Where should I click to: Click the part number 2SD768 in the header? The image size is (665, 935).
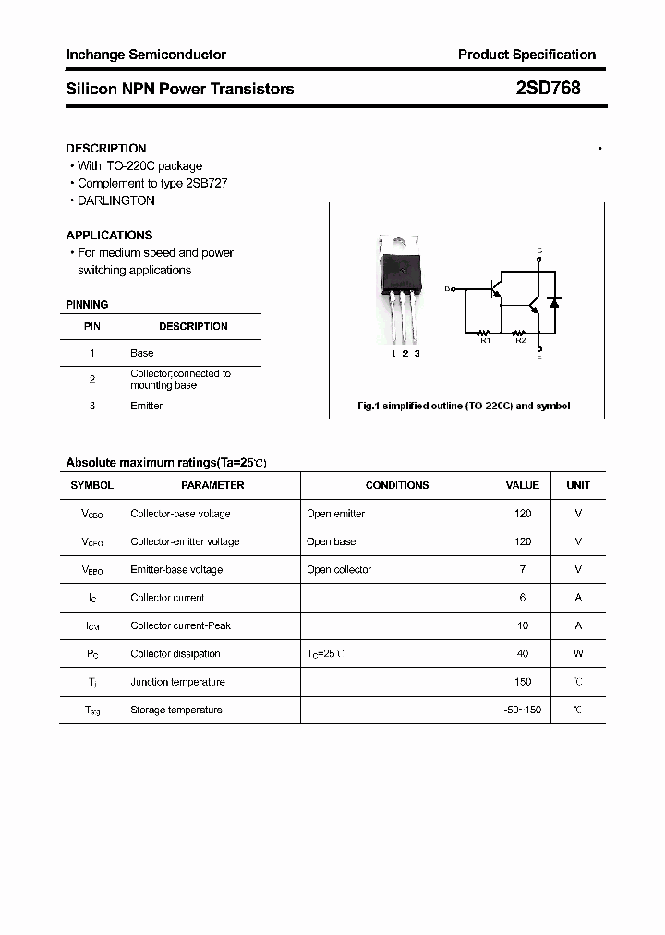548,89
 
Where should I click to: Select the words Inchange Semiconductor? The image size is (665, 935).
146,55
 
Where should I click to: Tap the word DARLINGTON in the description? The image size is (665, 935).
116,200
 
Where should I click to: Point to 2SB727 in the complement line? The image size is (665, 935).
207,183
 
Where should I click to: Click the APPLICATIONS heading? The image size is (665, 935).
109,235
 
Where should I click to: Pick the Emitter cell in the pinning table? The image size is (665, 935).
146,406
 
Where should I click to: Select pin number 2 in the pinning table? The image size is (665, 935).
92,379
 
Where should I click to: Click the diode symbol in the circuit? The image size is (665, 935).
554,302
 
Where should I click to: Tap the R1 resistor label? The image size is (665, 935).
485,341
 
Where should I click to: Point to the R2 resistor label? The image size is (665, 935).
520,341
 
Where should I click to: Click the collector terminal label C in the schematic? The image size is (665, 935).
539,251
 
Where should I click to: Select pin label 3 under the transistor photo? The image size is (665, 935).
417,353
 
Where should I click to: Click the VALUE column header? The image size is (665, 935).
522,485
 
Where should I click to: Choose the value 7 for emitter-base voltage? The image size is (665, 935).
523,570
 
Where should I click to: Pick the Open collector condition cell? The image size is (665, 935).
339,570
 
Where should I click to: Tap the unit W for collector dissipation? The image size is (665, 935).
578,654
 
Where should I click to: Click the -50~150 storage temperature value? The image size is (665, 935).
522,710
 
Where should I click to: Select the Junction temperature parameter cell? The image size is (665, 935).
177,682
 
